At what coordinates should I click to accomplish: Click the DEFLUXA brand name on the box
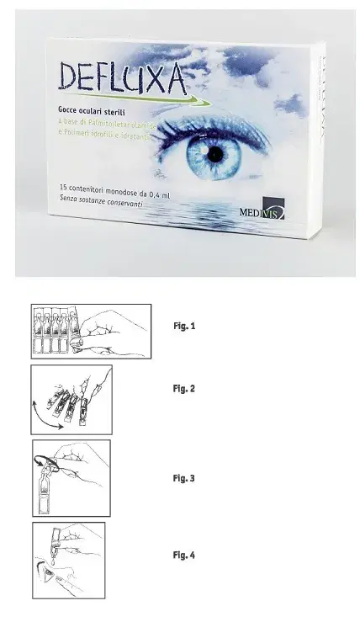[123, 77]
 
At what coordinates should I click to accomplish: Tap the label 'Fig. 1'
[183, 325]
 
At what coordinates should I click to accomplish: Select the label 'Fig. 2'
[183, 389]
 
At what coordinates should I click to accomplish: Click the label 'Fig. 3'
[183, 478]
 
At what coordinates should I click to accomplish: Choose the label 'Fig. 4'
[183, 556]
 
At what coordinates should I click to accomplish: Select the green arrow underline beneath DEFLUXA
[135, 98]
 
